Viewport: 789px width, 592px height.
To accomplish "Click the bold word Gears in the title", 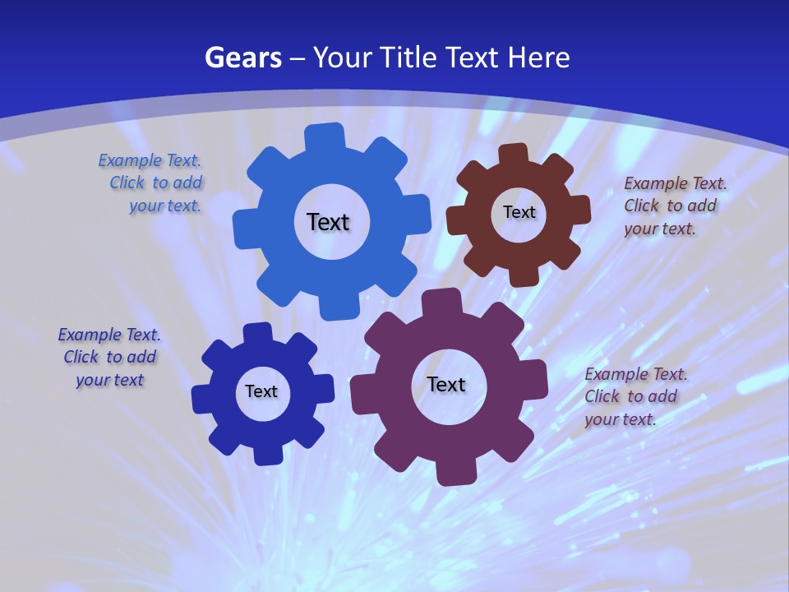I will tap(242, 58).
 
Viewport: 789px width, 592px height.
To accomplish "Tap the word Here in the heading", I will tap(538, 58).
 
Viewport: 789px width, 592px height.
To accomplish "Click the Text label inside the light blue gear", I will tap(328, 222).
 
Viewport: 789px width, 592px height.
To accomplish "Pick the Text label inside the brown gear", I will tap(519, 212).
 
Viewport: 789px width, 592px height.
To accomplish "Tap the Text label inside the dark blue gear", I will tap(261, 391).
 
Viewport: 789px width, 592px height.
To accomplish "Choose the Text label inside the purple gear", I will tap(446, 384).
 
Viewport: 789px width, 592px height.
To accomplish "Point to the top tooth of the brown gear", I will tap(514, 155).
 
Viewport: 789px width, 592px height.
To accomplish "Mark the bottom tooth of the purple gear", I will tap(454, 471).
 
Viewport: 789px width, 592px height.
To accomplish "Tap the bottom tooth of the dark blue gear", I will tap(266, 452).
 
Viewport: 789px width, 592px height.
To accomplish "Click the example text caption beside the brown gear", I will tap(674, 206).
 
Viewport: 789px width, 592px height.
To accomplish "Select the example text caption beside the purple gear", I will tap(634, 396).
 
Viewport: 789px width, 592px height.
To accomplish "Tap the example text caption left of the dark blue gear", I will tap(109, 357).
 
